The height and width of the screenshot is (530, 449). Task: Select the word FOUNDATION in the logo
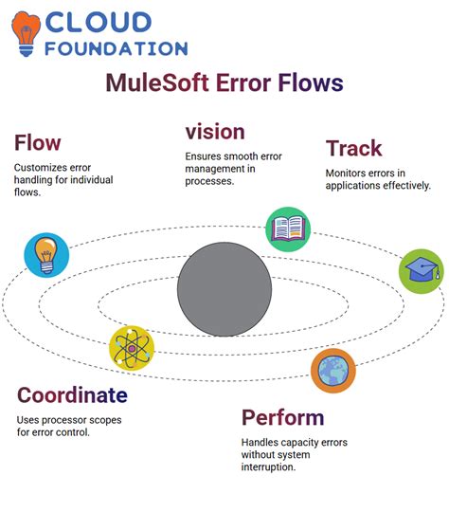pyautogui.click(x=116, y=47)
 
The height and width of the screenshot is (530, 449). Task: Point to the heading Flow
pyautogui.click(x=37, y=143)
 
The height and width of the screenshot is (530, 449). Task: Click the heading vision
pyautogui.click(x=215, y=131)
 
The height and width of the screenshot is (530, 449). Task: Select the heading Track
pyautogui.click(x=353, y=148)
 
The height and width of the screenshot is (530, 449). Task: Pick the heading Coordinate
pyautogui.click(x=72, y=394)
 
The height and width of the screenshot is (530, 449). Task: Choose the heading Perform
pyautogui.click(x=282, y=417)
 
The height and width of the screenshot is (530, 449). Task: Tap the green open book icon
pyautogui.click(x=287, y=228)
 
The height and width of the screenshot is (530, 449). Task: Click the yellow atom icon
pyautogui.click(x=131, y=347)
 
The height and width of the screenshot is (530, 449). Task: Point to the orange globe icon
pyautogui.click(x=333, y=370)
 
